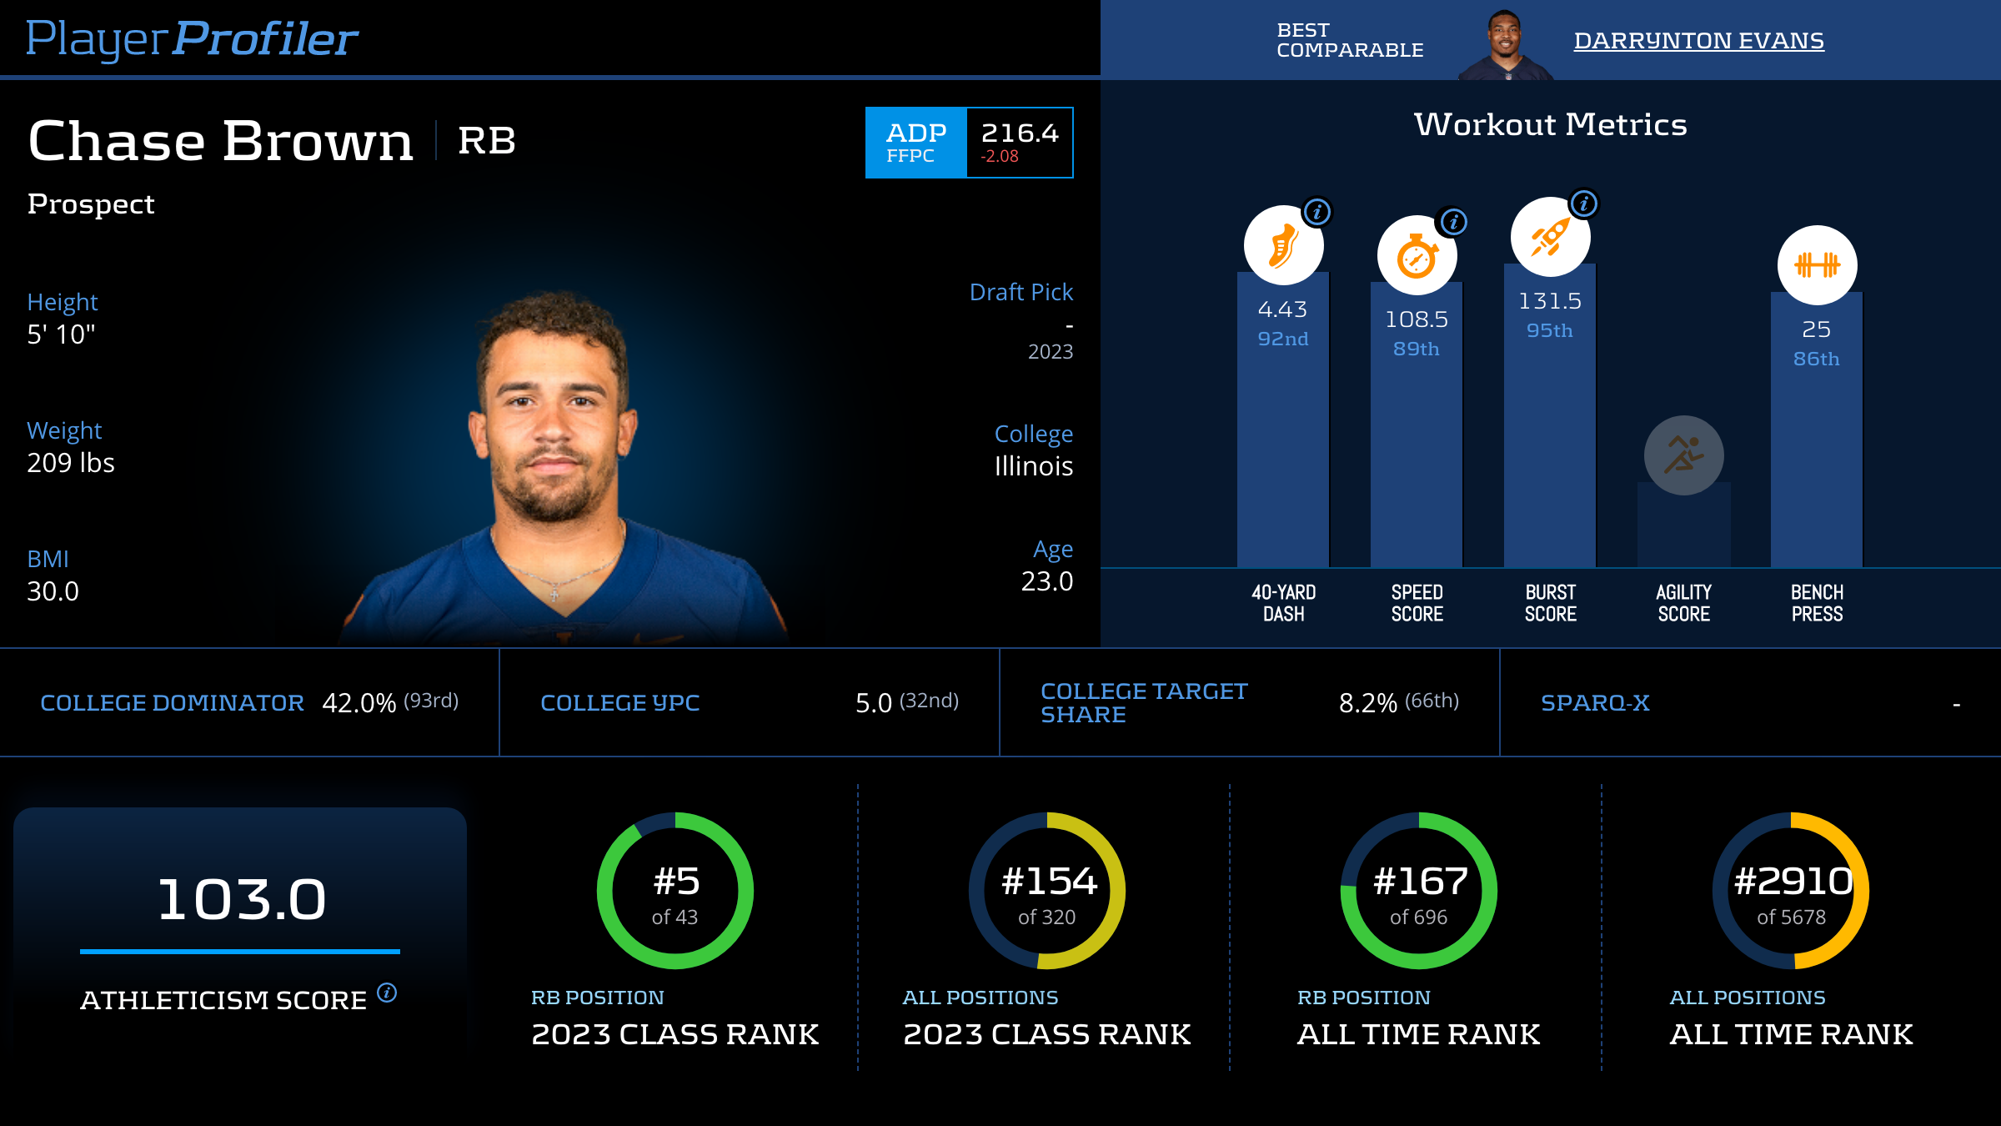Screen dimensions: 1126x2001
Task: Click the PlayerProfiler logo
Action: click(192, 39)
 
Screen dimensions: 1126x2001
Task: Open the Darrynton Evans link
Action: click(1698, 40)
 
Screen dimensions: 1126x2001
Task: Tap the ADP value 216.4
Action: click(1019, 133)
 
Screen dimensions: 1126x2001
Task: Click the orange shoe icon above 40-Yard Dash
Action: click(1283, 246)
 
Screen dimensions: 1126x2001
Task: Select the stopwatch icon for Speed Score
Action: click(1417, 255)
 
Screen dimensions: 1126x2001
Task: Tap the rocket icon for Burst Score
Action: click(1550, 237)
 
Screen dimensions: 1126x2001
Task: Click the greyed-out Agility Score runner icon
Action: click(1683, 455)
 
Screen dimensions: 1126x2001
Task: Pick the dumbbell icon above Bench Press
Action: click(1817, 265)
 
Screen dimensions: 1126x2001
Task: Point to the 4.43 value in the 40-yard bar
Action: click(1282, 309)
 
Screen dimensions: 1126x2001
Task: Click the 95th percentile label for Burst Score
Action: click(1549, 330)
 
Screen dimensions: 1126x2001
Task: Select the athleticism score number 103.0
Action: click(241, 899)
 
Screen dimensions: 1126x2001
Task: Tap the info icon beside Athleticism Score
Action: click(387, 993)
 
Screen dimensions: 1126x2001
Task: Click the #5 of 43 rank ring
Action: click(675, 891)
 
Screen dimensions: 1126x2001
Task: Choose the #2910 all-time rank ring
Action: click(1791, 891)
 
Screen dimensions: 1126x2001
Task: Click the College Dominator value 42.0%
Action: click(359, 703)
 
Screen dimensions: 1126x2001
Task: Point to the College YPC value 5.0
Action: click(874, 703)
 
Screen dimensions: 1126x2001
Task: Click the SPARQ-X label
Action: click(1595, 703)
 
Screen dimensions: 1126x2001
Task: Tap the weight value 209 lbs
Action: click(71, 463)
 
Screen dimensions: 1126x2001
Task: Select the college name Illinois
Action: click(1033, 466)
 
